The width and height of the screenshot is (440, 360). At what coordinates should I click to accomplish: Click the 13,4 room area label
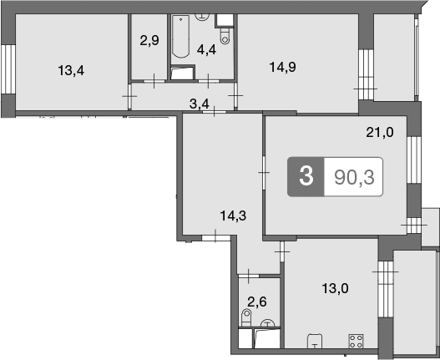[71, 70]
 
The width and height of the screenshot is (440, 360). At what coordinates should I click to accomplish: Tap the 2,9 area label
[149, 41]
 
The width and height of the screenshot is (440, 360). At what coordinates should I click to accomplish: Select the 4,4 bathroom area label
[206, 50]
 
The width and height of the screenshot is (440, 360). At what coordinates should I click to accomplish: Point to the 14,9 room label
[282, 68]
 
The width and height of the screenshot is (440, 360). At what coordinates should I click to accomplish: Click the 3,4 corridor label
[200, 104]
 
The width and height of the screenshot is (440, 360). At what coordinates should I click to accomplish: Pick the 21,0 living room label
[380, 132]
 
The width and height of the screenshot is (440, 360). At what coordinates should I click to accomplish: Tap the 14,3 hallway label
[233, 216]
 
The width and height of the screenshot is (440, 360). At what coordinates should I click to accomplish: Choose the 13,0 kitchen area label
[335, 288]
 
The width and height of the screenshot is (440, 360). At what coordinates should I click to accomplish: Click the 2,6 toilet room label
[257, 302]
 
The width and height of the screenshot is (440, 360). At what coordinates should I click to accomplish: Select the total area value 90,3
[354, 177]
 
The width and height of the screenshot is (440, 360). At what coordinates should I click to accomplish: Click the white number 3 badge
[306, 176]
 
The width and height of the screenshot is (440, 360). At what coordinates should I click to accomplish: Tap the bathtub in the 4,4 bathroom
[180, 37]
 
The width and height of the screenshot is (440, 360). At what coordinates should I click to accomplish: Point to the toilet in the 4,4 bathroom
[225, 36]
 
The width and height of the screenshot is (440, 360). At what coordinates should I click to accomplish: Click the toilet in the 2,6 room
[246, 317]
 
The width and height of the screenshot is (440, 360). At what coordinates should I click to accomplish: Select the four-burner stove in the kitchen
[357, 341]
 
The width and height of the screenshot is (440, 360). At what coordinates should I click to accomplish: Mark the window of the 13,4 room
[8, 69]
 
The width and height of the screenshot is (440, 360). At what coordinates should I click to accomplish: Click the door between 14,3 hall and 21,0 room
[264, 172]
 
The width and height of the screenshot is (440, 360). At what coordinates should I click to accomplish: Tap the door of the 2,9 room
[154, 81]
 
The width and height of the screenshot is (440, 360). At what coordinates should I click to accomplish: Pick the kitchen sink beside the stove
[315, 341]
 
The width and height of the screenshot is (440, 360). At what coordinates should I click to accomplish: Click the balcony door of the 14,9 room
[366, 74]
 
